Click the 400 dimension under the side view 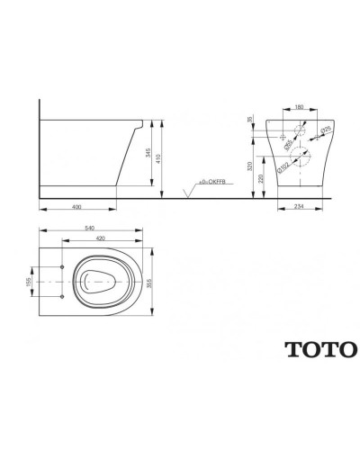click(x=79, y=206)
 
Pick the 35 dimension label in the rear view click(x=252, y=117)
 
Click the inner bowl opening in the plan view click(x=99, y=282)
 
